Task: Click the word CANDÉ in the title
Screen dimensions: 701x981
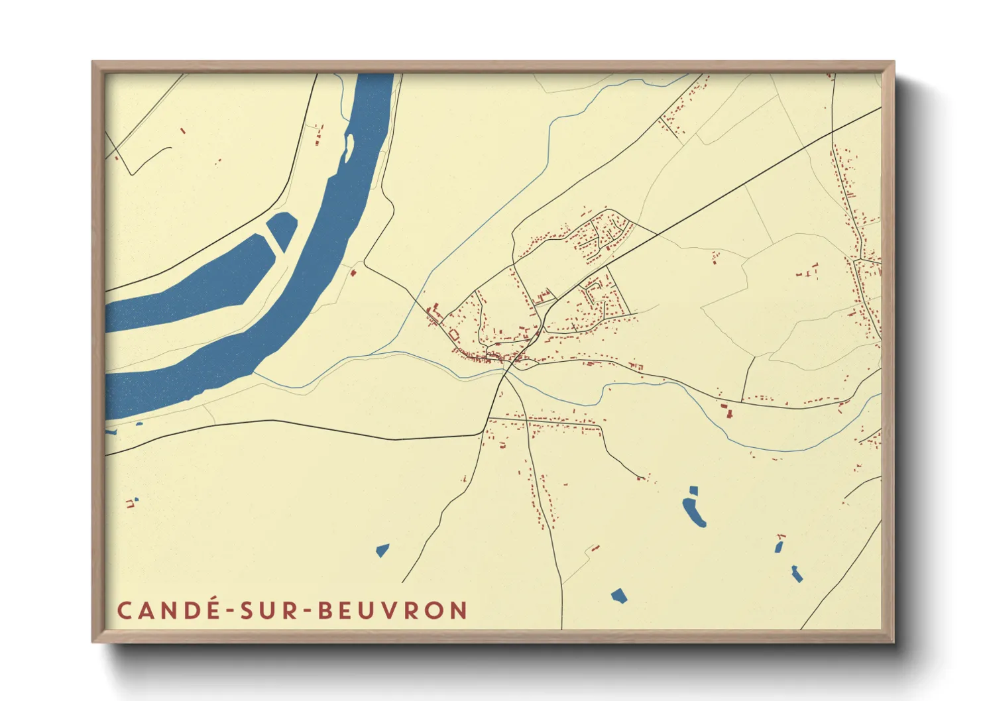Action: click(x=170, y=610)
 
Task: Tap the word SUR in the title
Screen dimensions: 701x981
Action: click(x=272, y=610)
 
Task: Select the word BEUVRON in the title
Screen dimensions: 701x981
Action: click(x=393, y=610)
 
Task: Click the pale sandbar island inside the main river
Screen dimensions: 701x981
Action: click(x=347, y=147)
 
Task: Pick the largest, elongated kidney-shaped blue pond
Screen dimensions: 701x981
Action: click(x=694, y=512)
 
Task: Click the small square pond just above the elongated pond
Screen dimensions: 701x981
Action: click(x=693, y=491)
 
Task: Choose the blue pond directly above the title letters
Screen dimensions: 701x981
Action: click(x=382, y=550)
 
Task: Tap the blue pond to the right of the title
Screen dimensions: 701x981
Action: click(x=618, y=595)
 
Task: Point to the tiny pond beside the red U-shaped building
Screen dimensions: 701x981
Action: click(x=137, y=499)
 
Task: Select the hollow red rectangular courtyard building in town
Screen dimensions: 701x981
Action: click(x=454, y=335)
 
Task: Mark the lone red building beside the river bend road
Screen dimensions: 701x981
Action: click(x=353, y=272)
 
